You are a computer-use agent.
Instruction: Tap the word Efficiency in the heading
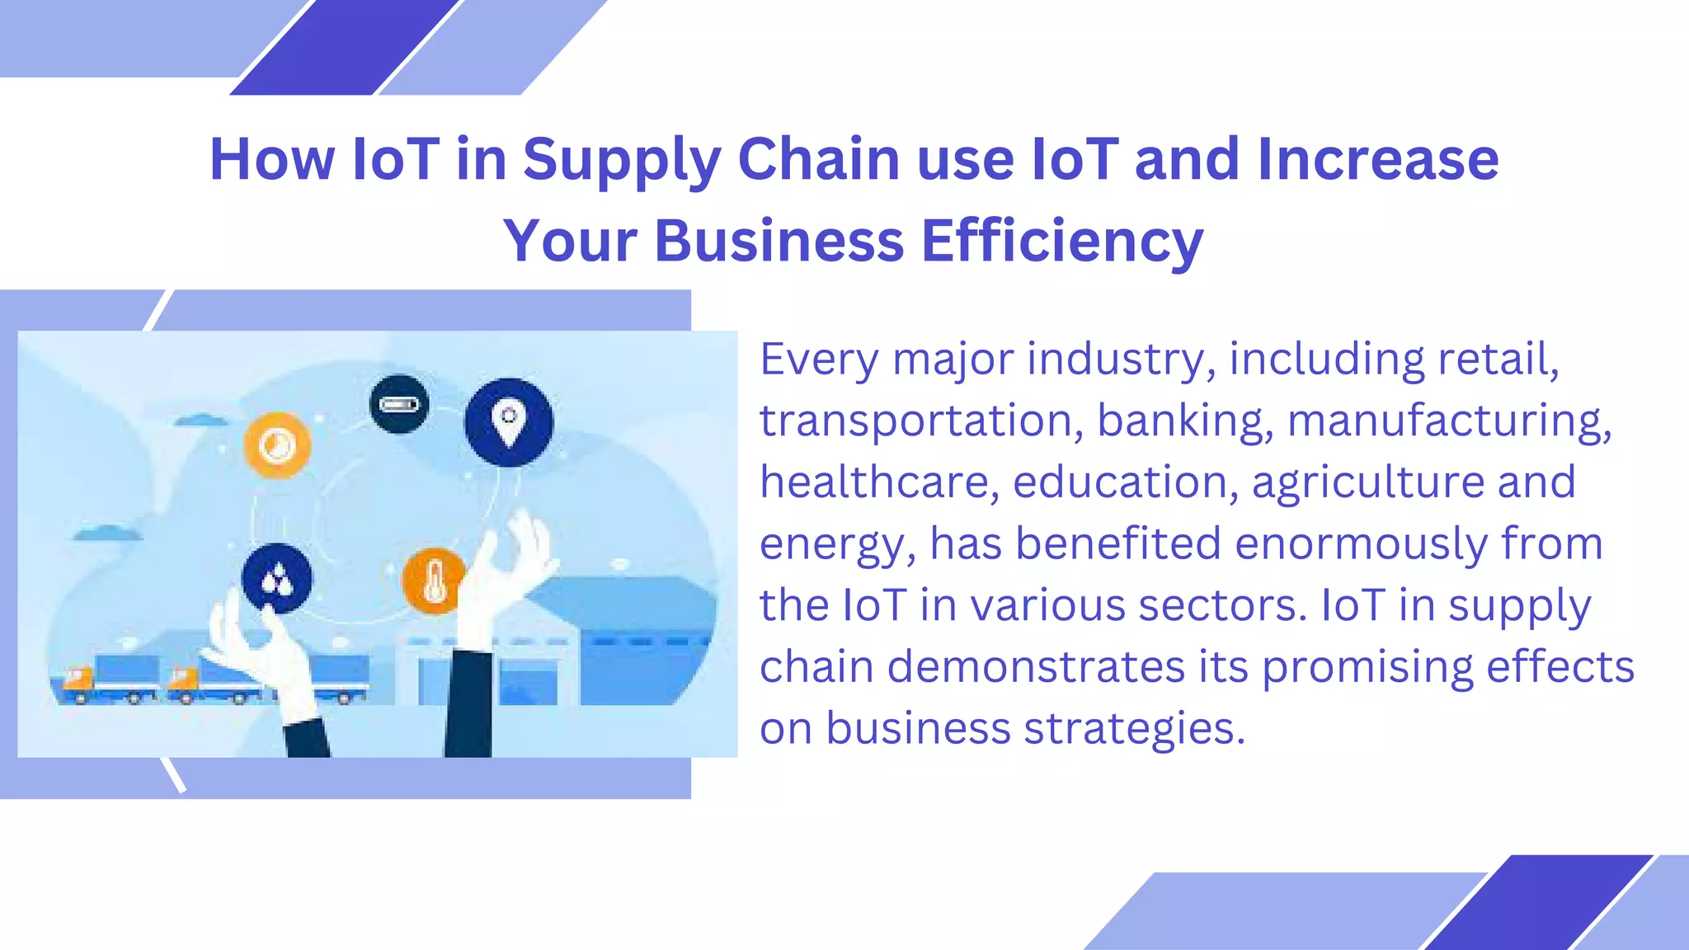tap(1062, 242)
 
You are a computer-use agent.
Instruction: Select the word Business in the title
tap(779, 242)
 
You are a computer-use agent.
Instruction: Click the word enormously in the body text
tap(1361, 543)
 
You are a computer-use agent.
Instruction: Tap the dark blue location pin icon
tap(509, 422)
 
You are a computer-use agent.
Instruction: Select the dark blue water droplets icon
tap(277, 579)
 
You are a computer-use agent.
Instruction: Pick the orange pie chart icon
tap(277, 445)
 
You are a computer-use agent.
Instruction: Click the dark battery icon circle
tap(399, 404)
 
